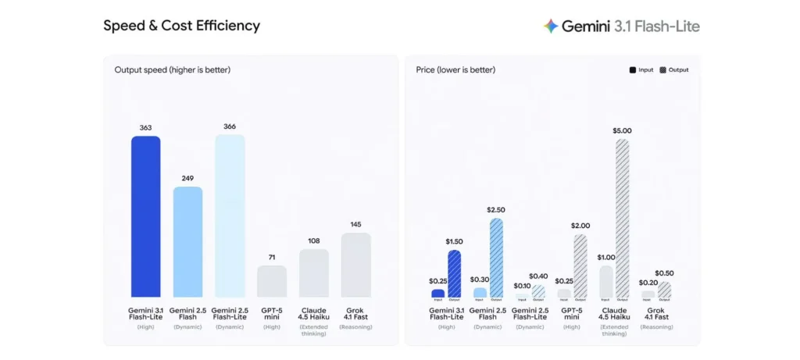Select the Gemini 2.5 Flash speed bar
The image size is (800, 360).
[x=187, y=242]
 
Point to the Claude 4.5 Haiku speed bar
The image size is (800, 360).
[x=314, y=273]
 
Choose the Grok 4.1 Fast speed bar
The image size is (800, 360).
[x=356, y=265]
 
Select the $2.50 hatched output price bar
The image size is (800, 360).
[x=496, y=258]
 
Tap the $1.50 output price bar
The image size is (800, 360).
[x=454, y=273]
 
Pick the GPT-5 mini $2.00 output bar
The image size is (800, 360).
[x=580, y=266]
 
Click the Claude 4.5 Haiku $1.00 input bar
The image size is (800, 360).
[x=606, y=282]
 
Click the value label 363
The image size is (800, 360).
[x=145, y=127]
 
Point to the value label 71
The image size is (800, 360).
[x=272, y=256]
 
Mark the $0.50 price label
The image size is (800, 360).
[x=664, y=273]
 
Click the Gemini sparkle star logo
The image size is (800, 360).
[x=551, y=26]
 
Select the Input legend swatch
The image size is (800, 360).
[x=633, y=70]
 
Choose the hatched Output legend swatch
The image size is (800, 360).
[x=663, y=70]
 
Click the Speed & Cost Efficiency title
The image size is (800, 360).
[x=181, y=26]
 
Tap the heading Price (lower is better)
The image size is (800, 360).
[x=455, y=70]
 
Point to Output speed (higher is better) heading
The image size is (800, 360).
[x=172, y=70]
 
